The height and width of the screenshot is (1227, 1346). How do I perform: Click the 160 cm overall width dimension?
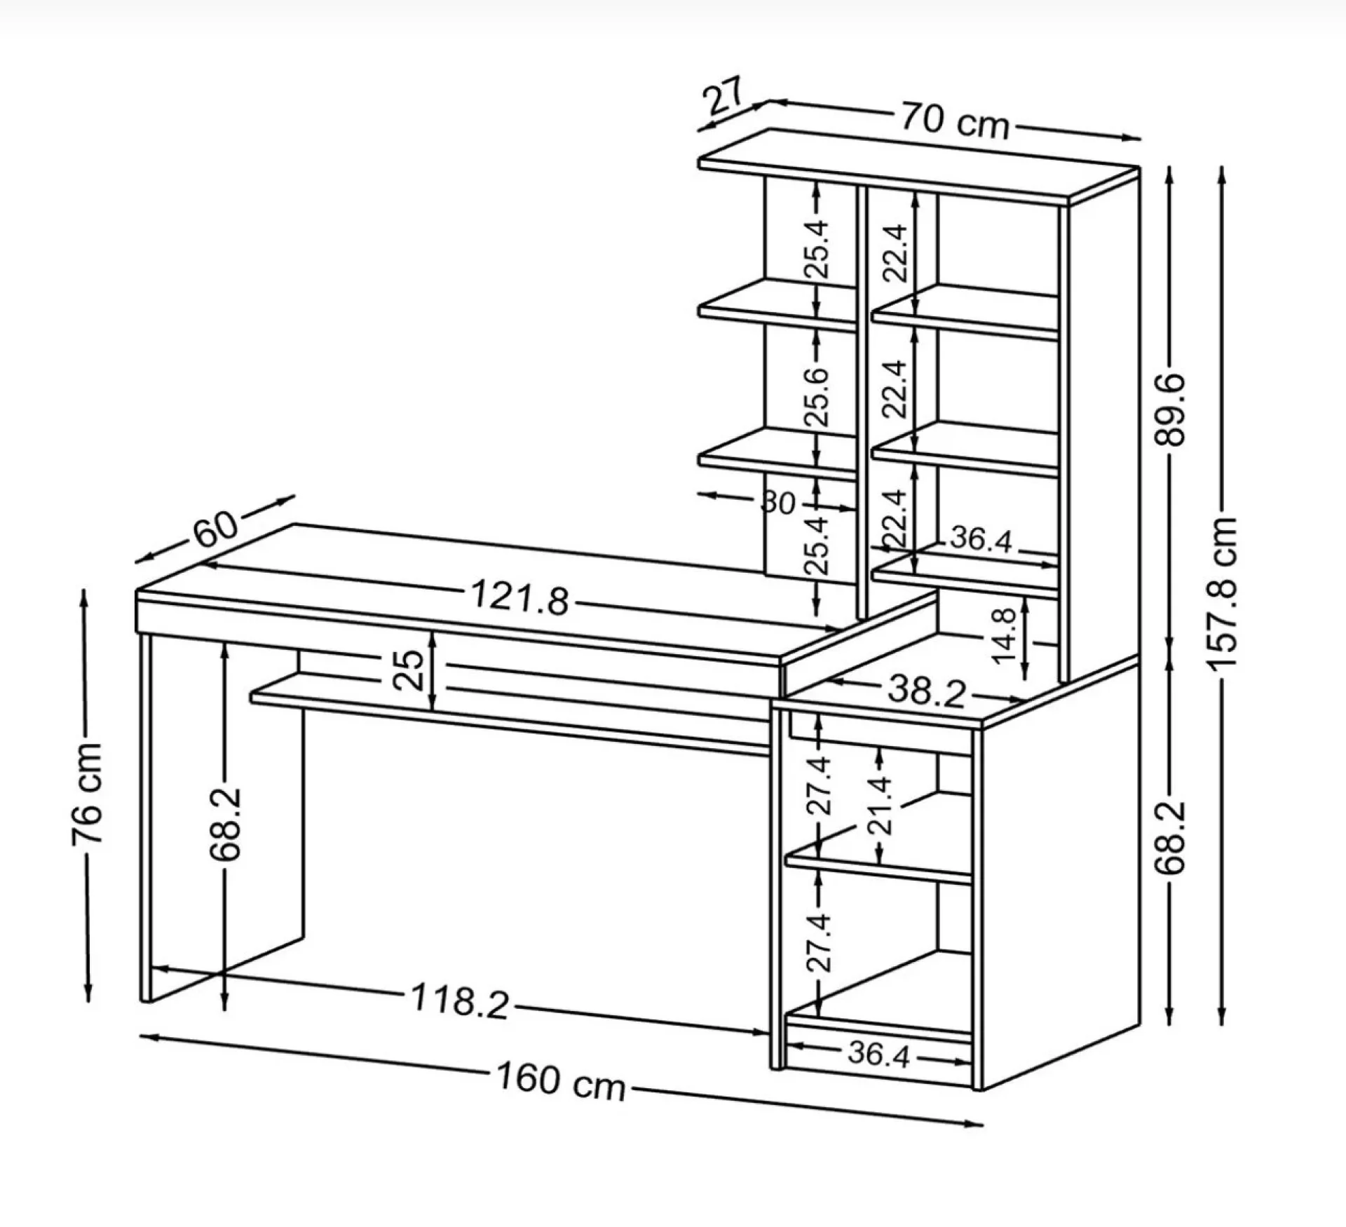[561, 1099]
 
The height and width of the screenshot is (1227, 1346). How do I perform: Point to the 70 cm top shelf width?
[954, 120]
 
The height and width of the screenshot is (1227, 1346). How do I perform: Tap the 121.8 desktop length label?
[519, 597]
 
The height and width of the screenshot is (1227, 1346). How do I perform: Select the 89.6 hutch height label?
[1169, 410]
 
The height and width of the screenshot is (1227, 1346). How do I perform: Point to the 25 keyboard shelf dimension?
[409, 669]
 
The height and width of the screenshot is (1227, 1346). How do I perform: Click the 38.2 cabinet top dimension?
[927, 691]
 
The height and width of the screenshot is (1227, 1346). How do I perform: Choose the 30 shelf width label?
[778, 503]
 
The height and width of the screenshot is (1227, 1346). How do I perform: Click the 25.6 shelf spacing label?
[817, 396]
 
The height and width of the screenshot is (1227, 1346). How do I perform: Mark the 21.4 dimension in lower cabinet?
[881, 804]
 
